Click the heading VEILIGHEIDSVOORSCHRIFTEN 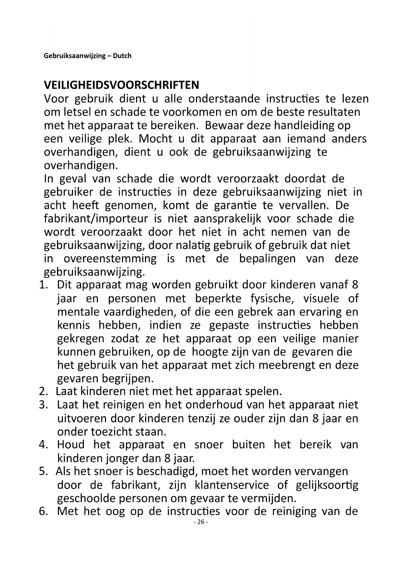(121, 85)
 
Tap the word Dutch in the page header (122, 56)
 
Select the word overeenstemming (110, 258)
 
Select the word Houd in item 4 (71, 445)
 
